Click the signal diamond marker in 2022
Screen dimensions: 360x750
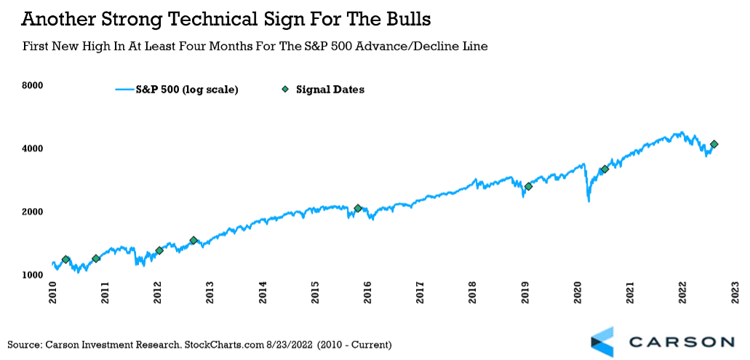[714, 145]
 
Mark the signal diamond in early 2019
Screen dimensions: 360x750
[528, 187]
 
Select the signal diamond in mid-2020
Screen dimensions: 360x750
[605, 169]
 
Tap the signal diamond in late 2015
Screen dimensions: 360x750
[358, 209]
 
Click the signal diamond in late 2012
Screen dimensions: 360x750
[194, 241]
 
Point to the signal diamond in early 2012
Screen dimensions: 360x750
[159, 251]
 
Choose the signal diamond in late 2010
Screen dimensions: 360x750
[96, 258]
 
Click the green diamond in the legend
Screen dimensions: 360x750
[285, 89]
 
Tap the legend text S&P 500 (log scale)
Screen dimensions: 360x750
[187, 89]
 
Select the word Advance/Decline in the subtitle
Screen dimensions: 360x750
[408, 47]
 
